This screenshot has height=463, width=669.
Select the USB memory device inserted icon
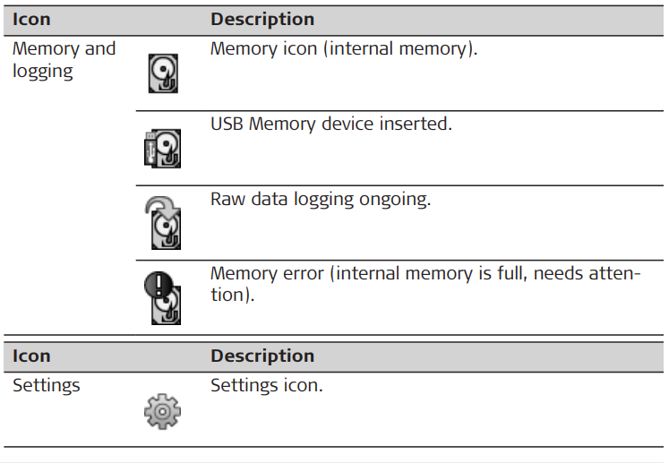pyautogui.click(x=162, y=149)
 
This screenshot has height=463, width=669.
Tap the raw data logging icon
pyautogui.click(x=163, y=222)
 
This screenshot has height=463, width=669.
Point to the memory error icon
pyautogui.click(x=163, y=296)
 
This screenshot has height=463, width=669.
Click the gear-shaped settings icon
pyautogui.click(x=162, y=411)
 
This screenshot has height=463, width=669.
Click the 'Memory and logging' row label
pyautogui.click(x=64, y=59)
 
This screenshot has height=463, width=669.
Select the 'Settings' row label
pyautogui.click(x=46, y=386)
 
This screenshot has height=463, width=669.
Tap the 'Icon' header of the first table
pyautogui.click(x=31, y=19)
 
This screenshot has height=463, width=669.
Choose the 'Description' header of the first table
pyautogui.click(x=262, y=19)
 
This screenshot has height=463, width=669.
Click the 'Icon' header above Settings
pyautogui.click(x=31, y=356)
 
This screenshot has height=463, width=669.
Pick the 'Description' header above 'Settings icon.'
pyautogui.click(x=262, y=356)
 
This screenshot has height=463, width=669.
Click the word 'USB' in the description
pyautogui.click(x=227, y=124)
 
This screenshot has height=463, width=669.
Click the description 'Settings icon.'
pyautogui.click(x=267, y=386)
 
